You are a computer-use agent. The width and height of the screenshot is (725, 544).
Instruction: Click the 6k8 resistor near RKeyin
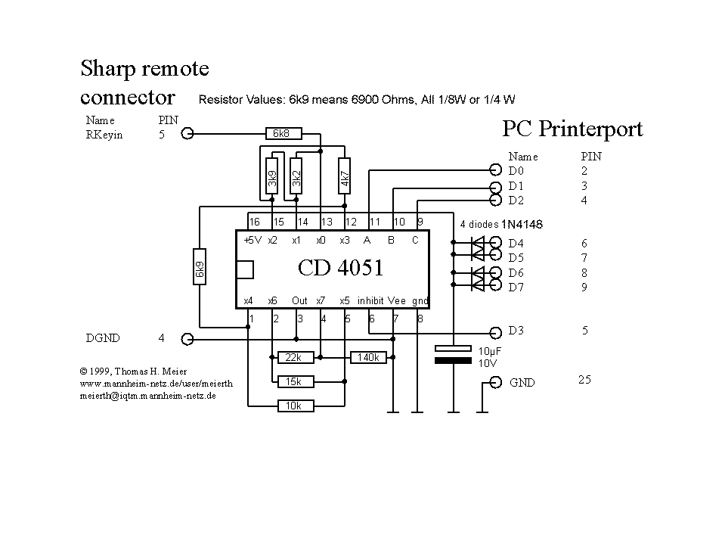click(x=284, y=134)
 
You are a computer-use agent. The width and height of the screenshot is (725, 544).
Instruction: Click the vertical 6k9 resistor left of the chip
click(x=200, y=266)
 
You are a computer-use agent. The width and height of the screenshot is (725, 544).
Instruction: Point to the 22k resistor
click(x=296, y=357)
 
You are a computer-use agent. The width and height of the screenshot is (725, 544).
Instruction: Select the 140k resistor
click(x=368, y=357)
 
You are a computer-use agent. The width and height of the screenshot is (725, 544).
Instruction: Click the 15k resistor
click(x=296, y=381)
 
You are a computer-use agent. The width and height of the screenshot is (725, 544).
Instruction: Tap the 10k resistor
click(x=296, y=406)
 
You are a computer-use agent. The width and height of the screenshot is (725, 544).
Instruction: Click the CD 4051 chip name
click(x=341, y=268)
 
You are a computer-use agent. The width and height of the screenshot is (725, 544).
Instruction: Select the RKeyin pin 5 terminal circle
click(x=187, y=134)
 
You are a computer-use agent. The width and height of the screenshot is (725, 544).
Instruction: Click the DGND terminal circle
click(x=187, y=339)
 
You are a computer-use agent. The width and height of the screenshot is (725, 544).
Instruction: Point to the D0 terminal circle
click(x=496, y=170)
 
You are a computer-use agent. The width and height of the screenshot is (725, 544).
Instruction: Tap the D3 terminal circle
click(x=496, y=333)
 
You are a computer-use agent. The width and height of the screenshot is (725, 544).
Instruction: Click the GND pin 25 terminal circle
click(x=496, y=383)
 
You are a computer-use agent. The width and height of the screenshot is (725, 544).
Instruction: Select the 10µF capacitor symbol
click(x=453, y=354)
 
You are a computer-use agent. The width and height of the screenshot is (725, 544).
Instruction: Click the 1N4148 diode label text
click(x=522, y=225)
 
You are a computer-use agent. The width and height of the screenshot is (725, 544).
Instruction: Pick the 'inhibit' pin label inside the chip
click(x=370, y=300)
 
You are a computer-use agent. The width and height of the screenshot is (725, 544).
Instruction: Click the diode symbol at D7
click(x=478, y=284)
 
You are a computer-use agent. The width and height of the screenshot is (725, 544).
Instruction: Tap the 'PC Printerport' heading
click(x=572, y=129)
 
